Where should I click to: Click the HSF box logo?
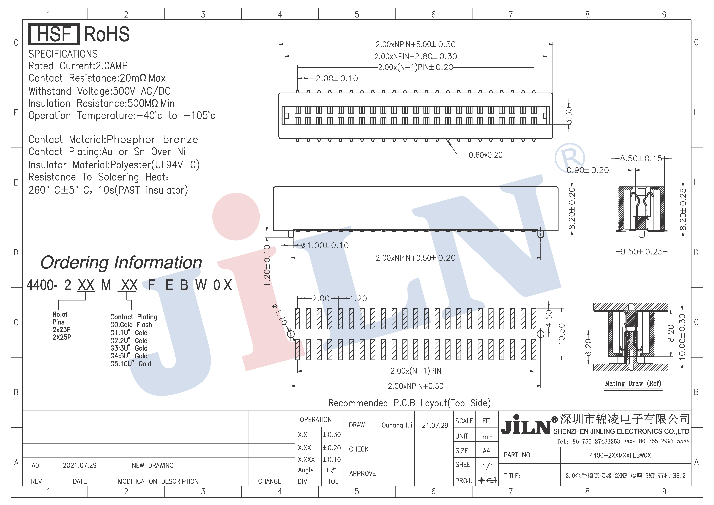click(54, 34)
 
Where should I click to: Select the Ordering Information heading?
click(121, 262)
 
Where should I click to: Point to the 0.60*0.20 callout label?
click(485, 155)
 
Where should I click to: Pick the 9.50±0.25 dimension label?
click(642, 252)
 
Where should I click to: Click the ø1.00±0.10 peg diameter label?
click(325, 245)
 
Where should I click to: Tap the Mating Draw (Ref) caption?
click(633, 383)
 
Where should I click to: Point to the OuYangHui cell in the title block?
click(397, 425)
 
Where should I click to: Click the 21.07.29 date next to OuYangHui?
click(435, 425)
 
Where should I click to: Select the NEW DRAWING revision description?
click(153, 466)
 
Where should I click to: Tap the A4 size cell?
click(486, 451)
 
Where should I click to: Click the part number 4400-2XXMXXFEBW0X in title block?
click(620, 455)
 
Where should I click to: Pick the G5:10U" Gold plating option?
click(131, 364)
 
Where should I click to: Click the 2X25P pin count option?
click(62, 337)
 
